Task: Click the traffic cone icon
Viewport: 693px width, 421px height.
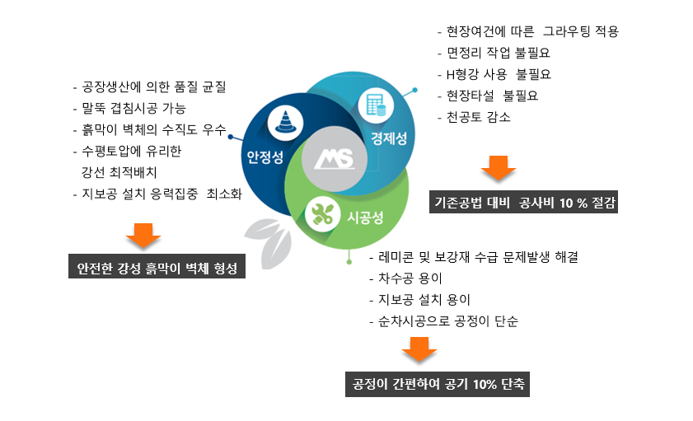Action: [285, 120]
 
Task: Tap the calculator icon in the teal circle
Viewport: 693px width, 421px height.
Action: [376, 105]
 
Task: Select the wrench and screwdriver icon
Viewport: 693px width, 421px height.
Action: [323, 214]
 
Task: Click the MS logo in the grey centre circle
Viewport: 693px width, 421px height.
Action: [335, 159]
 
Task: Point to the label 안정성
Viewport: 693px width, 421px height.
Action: [265, 157]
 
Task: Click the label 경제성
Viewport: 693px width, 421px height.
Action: [389, 138]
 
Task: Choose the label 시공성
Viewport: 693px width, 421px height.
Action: [365, 218]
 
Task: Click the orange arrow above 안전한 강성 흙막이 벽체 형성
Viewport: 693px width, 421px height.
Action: [143, 235]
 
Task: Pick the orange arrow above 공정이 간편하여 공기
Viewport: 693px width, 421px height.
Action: [419, 349]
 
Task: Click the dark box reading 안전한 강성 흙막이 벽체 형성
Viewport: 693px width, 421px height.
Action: [157, 266]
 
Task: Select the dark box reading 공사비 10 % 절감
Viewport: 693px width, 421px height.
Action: [524, 202]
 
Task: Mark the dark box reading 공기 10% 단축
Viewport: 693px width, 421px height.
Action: [438, 384]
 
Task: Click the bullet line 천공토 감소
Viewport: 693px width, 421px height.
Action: [474, 117]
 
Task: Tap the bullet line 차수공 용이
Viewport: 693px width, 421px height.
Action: [405, 278]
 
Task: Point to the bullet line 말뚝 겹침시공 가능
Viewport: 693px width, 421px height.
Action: [129, 108]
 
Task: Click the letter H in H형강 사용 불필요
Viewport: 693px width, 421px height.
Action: [451, 75]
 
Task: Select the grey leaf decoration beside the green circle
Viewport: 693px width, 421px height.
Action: [268, 243]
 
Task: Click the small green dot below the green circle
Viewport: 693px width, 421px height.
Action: [349, 262]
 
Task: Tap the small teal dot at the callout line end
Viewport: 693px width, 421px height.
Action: [414, 90]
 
